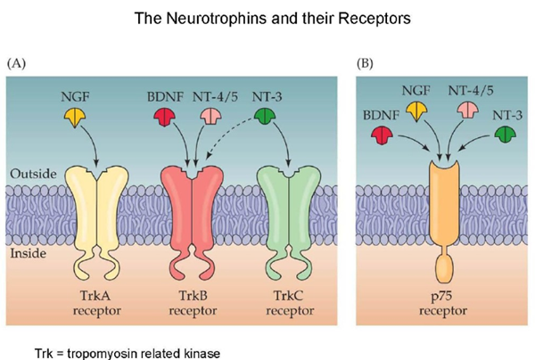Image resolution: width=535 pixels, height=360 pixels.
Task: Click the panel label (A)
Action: [19, 64]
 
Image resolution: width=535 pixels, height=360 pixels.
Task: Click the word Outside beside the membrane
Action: [29, 173]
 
